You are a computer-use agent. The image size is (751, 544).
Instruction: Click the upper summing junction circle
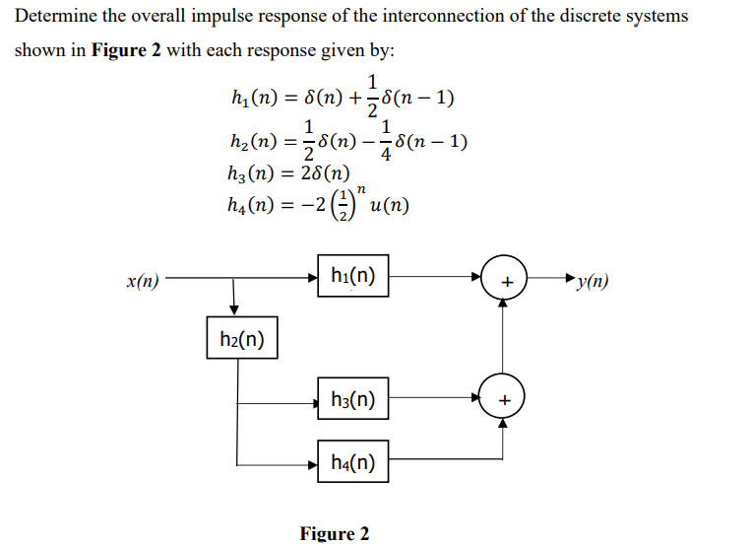[505, 280]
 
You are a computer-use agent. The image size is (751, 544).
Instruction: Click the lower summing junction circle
[505, 398]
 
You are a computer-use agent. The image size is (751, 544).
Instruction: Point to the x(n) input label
[144, 281]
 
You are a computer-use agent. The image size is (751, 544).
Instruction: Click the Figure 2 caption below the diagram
[335, 533]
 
